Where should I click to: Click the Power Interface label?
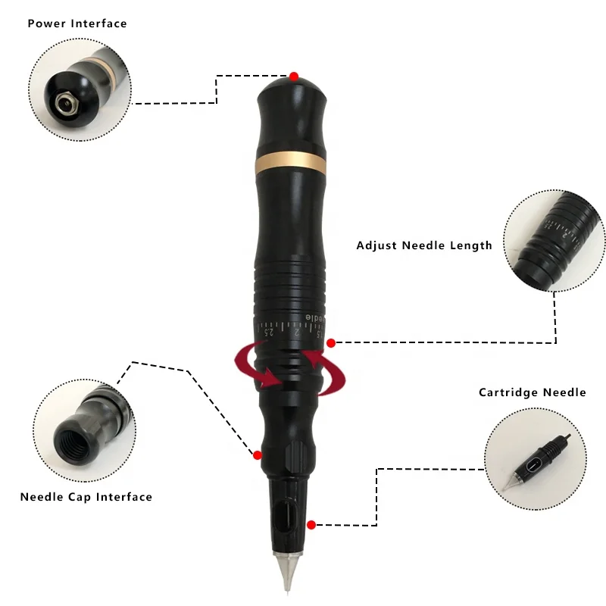[x=77, y=23]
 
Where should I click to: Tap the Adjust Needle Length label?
[x=424, y=245]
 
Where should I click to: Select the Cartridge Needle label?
[x=533, y=392]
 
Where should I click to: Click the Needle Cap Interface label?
[x=86, y=498]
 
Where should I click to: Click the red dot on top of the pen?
[x=294, y=77]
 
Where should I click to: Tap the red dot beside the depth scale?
[x=330, y=343]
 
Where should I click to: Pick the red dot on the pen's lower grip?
[x=258, y=455]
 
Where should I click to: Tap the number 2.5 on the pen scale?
[x=268, y=331]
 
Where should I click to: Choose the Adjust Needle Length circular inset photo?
[x=554, y=240]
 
